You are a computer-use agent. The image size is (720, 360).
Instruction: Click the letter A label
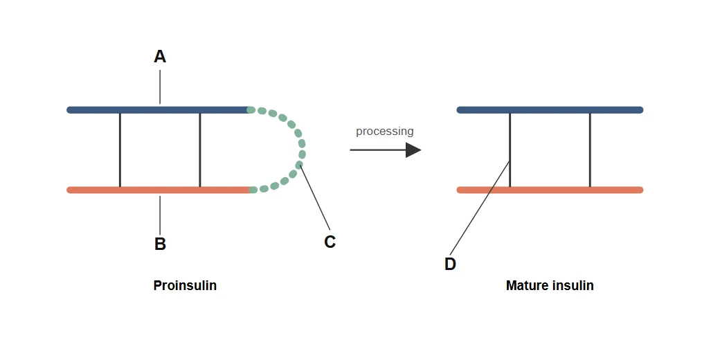pyautogui.click(x=160, y=57)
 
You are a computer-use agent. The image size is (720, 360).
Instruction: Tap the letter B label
pyautogui.click(x=160, y=244)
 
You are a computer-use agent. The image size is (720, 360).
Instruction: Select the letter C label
pyautogui.click(x=330, y=242)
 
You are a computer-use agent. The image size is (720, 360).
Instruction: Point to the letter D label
pyautogui.click(x=450, y=264)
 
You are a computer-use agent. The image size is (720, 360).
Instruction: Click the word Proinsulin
pyautogui.click(x=185, y=285)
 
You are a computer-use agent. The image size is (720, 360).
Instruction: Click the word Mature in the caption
pyautogui.click(x=524, y=285)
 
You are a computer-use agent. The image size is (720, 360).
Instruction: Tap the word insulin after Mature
pyautogui.click(x=570, y=285)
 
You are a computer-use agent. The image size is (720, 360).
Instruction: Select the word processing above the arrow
pyautogui.click(x=385, y=132)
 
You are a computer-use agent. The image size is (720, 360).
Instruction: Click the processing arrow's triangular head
pyautogui.click(x=413, y=150)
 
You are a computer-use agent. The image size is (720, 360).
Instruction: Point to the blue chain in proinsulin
pyautogui.click(x=159, y=110)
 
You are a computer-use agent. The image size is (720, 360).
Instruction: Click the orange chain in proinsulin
pyautogui.click(x=159, y=190)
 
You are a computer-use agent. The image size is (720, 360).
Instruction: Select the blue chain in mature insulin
pyautogui.click(x=550, y=110)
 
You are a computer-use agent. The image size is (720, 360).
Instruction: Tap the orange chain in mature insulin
pyautogui.click(x=550, y=190)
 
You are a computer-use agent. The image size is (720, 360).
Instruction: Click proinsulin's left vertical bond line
pyautogui.click(x=120, y=150)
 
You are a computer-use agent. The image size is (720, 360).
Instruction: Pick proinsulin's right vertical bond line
pyautogui.click(x=200, y=150)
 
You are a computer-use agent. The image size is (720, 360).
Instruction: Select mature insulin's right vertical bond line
pyautogui.click(x=590, y=150)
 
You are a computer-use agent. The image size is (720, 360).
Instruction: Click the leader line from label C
pyautogui.click(x=315, y=197)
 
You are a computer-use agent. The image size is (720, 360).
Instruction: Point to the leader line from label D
pyautogui.click(x=480, y=208)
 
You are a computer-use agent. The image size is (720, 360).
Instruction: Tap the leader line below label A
pyautogui.click(x=160, y=87)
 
